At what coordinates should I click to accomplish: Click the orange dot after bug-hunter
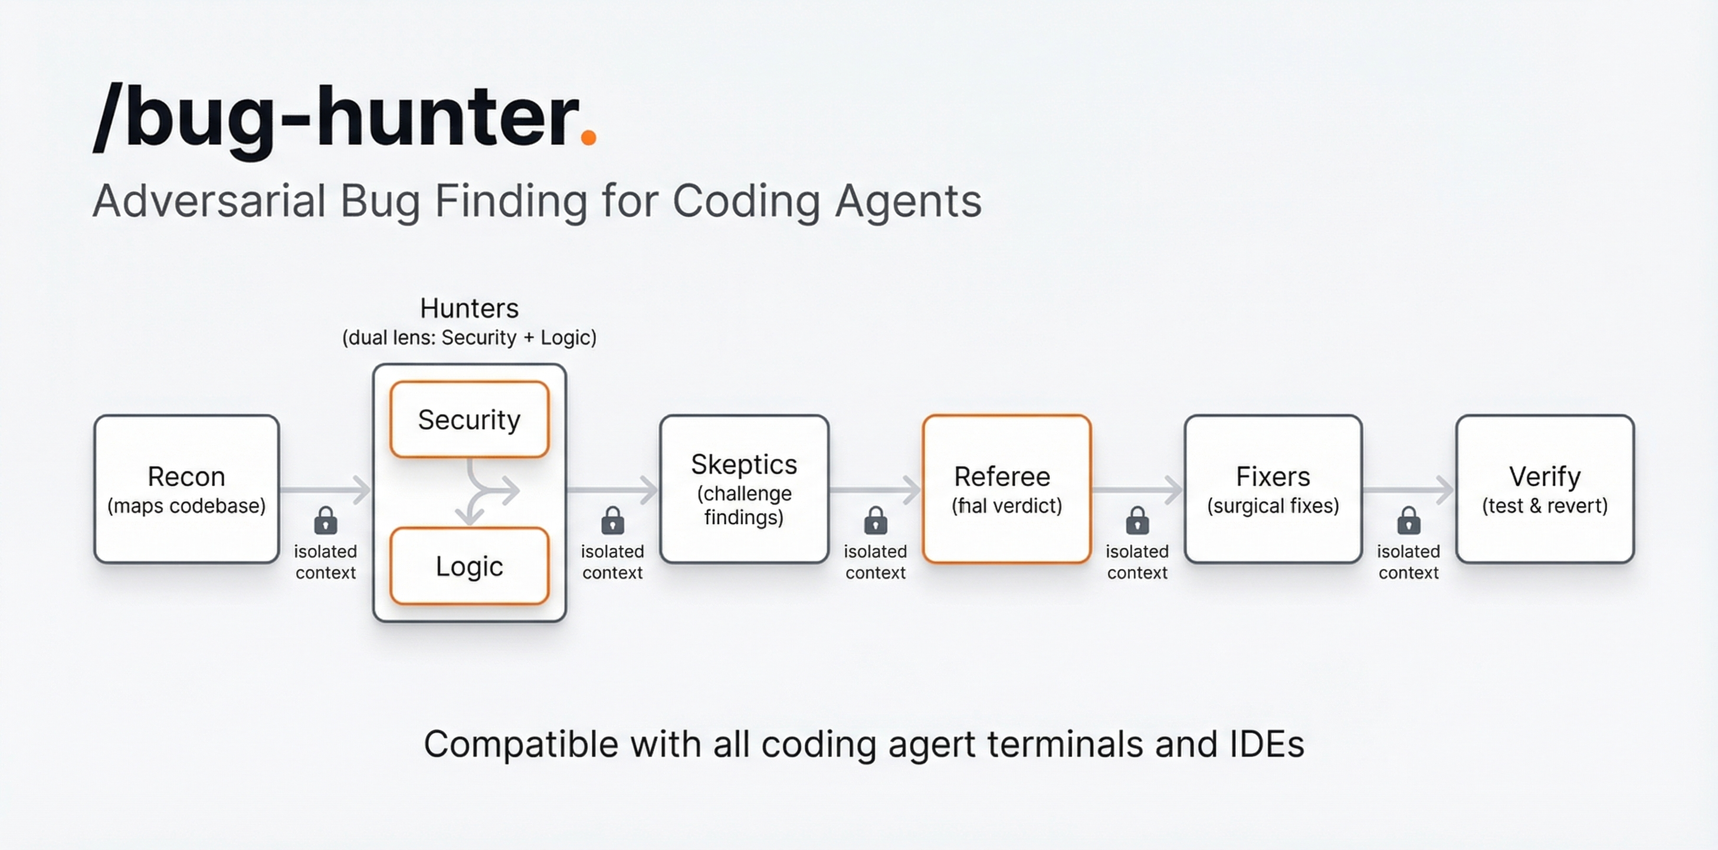point(588,137)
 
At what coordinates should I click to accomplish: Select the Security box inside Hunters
point(470,420)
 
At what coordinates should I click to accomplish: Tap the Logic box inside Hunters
point(470,565)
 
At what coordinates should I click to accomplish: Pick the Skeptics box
point(745,489)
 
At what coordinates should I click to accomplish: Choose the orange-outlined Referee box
point(1006,489)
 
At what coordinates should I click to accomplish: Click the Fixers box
point(1273,489)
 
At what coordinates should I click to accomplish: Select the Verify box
point(1545,489)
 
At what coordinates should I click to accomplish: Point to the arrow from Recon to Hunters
point(326,490)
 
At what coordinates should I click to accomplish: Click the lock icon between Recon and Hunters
point(326,521)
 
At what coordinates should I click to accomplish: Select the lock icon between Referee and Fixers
point(1137,521)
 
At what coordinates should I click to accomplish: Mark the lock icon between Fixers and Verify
point(1408,521)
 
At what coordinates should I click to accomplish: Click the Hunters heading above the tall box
point(469,308)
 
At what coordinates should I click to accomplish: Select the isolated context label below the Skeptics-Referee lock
point(876,562)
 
